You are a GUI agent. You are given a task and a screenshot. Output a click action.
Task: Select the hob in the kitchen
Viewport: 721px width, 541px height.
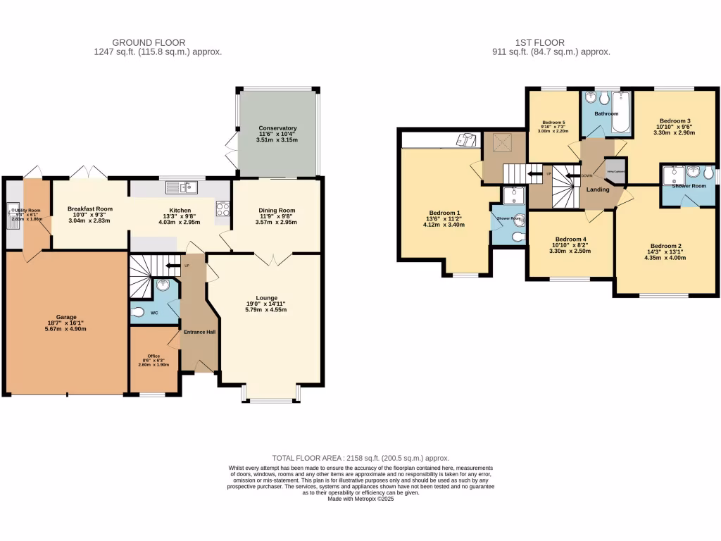pyautogui.click(x=223, y=209)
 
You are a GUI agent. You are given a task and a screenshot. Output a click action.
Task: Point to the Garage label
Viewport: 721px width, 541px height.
pyautogui.click(x=66, y=317)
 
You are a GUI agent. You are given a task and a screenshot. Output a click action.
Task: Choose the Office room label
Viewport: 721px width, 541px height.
pyautogui.click(x=153, y=356)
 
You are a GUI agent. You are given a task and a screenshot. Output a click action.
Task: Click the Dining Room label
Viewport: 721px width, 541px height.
pyautogui.click(x=277, y=210)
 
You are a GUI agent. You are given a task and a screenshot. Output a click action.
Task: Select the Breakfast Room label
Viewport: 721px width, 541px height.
pyautogui.click(x=90, y=209)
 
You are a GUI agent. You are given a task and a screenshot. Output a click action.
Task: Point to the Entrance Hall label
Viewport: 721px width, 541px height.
pyautogui.click(x=199, y=332)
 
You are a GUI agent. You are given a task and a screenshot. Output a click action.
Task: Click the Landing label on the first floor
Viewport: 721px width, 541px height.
pyautogui.click(x=598, y=189)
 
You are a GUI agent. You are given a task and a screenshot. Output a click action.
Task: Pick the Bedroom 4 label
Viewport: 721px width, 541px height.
pyautogui.click(x=570, y=239)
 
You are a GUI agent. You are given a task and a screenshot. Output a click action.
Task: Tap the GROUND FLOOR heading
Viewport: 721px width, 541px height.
pyautogui.click(x=158, y=43)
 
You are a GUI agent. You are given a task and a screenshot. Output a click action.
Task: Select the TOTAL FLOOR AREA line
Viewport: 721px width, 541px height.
pyautogui.click(x=360, y=458)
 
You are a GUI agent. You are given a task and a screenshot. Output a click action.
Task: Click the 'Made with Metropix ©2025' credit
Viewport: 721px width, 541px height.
pyautogui.click(x=360, y=499)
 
